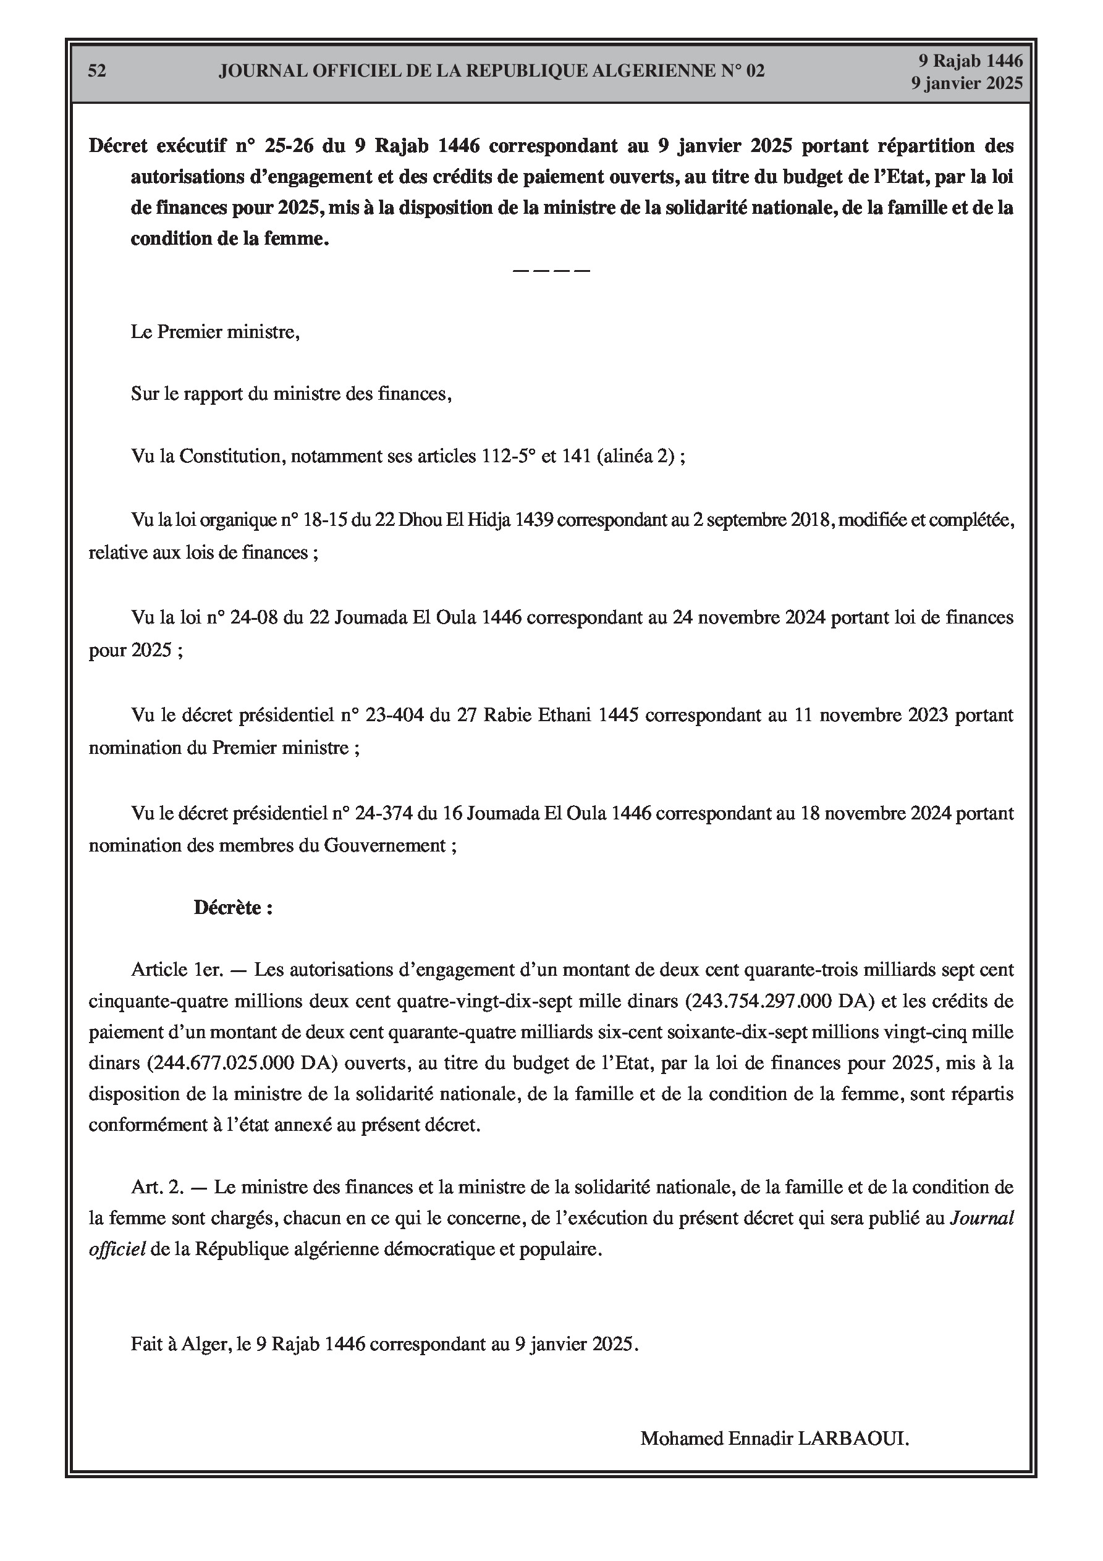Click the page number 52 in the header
(x=96, y=70)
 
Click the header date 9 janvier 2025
(x=966, y=83)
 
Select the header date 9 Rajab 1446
(x=970, y=61)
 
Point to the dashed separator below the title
(x=551, y=271)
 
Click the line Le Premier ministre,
(x=215, y=332)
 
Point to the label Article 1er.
(x=177, y=970)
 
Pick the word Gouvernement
(x=384, y=846)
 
